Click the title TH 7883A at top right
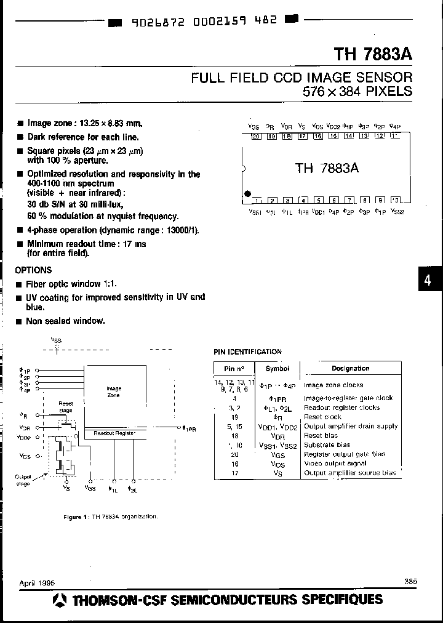point(373,54)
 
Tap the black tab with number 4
point(428,281)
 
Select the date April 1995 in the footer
point(36,582)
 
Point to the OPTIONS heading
point(34,270)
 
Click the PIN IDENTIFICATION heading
point(247,352)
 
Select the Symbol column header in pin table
point(277,368)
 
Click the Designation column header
point(350,368)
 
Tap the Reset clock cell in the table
point(322,417)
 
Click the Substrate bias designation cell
point(327,444)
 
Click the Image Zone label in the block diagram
point(114,392)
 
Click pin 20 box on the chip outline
point(256,137)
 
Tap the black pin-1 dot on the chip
point(247,194)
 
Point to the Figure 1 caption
point(111,516)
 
